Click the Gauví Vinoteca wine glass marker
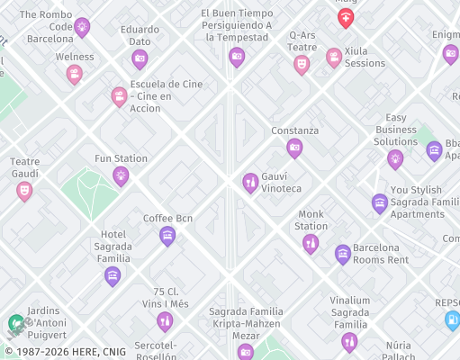click(x=250, y=183)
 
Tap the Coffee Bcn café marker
click(x=167, y=236)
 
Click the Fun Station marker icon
click(x=121, y=175)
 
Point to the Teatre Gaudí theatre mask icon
click(x=24, y=191)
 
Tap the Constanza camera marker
click(x=294, y=148)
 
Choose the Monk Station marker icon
click(x=311, y=243)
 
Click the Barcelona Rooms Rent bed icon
click(x=343, y=254)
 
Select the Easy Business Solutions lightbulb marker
click(x=395, y=158)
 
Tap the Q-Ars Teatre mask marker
click(x=302, y=64)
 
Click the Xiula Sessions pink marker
click(x=334, y=58)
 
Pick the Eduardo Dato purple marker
click(x=140, y=59)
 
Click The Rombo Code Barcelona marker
click(x=82, y=27)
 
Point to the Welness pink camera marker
click(x=75, y=74)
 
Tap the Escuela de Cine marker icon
click(x=119, y=96)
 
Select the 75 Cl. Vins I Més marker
click(x=165, y=321)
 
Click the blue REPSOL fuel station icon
click(x=452, y=319)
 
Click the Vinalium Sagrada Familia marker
click(x=349, y=341)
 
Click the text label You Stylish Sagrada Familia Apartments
click(x=416, y=202)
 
